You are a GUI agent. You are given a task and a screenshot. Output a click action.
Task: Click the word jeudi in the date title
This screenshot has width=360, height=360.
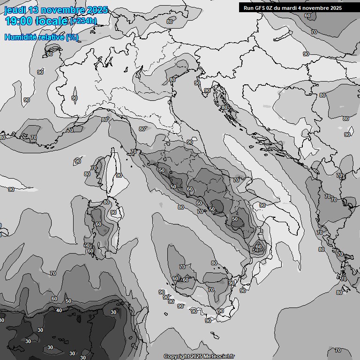[x=15, y=10]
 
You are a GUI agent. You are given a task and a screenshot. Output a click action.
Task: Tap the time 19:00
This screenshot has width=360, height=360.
[x=19, y=21]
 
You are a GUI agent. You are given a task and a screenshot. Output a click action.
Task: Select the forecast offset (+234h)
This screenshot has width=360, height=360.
[x=83, y=21]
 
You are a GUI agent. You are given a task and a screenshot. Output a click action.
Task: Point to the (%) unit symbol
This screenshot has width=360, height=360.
[x=72, y=37]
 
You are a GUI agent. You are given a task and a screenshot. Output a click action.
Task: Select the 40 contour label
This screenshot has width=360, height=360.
[x=59, y=310]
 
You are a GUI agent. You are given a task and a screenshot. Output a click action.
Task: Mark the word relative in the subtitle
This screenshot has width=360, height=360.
[x=51, y=37]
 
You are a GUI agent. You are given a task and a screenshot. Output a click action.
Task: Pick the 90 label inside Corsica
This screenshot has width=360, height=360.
[x=119, y=175]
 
